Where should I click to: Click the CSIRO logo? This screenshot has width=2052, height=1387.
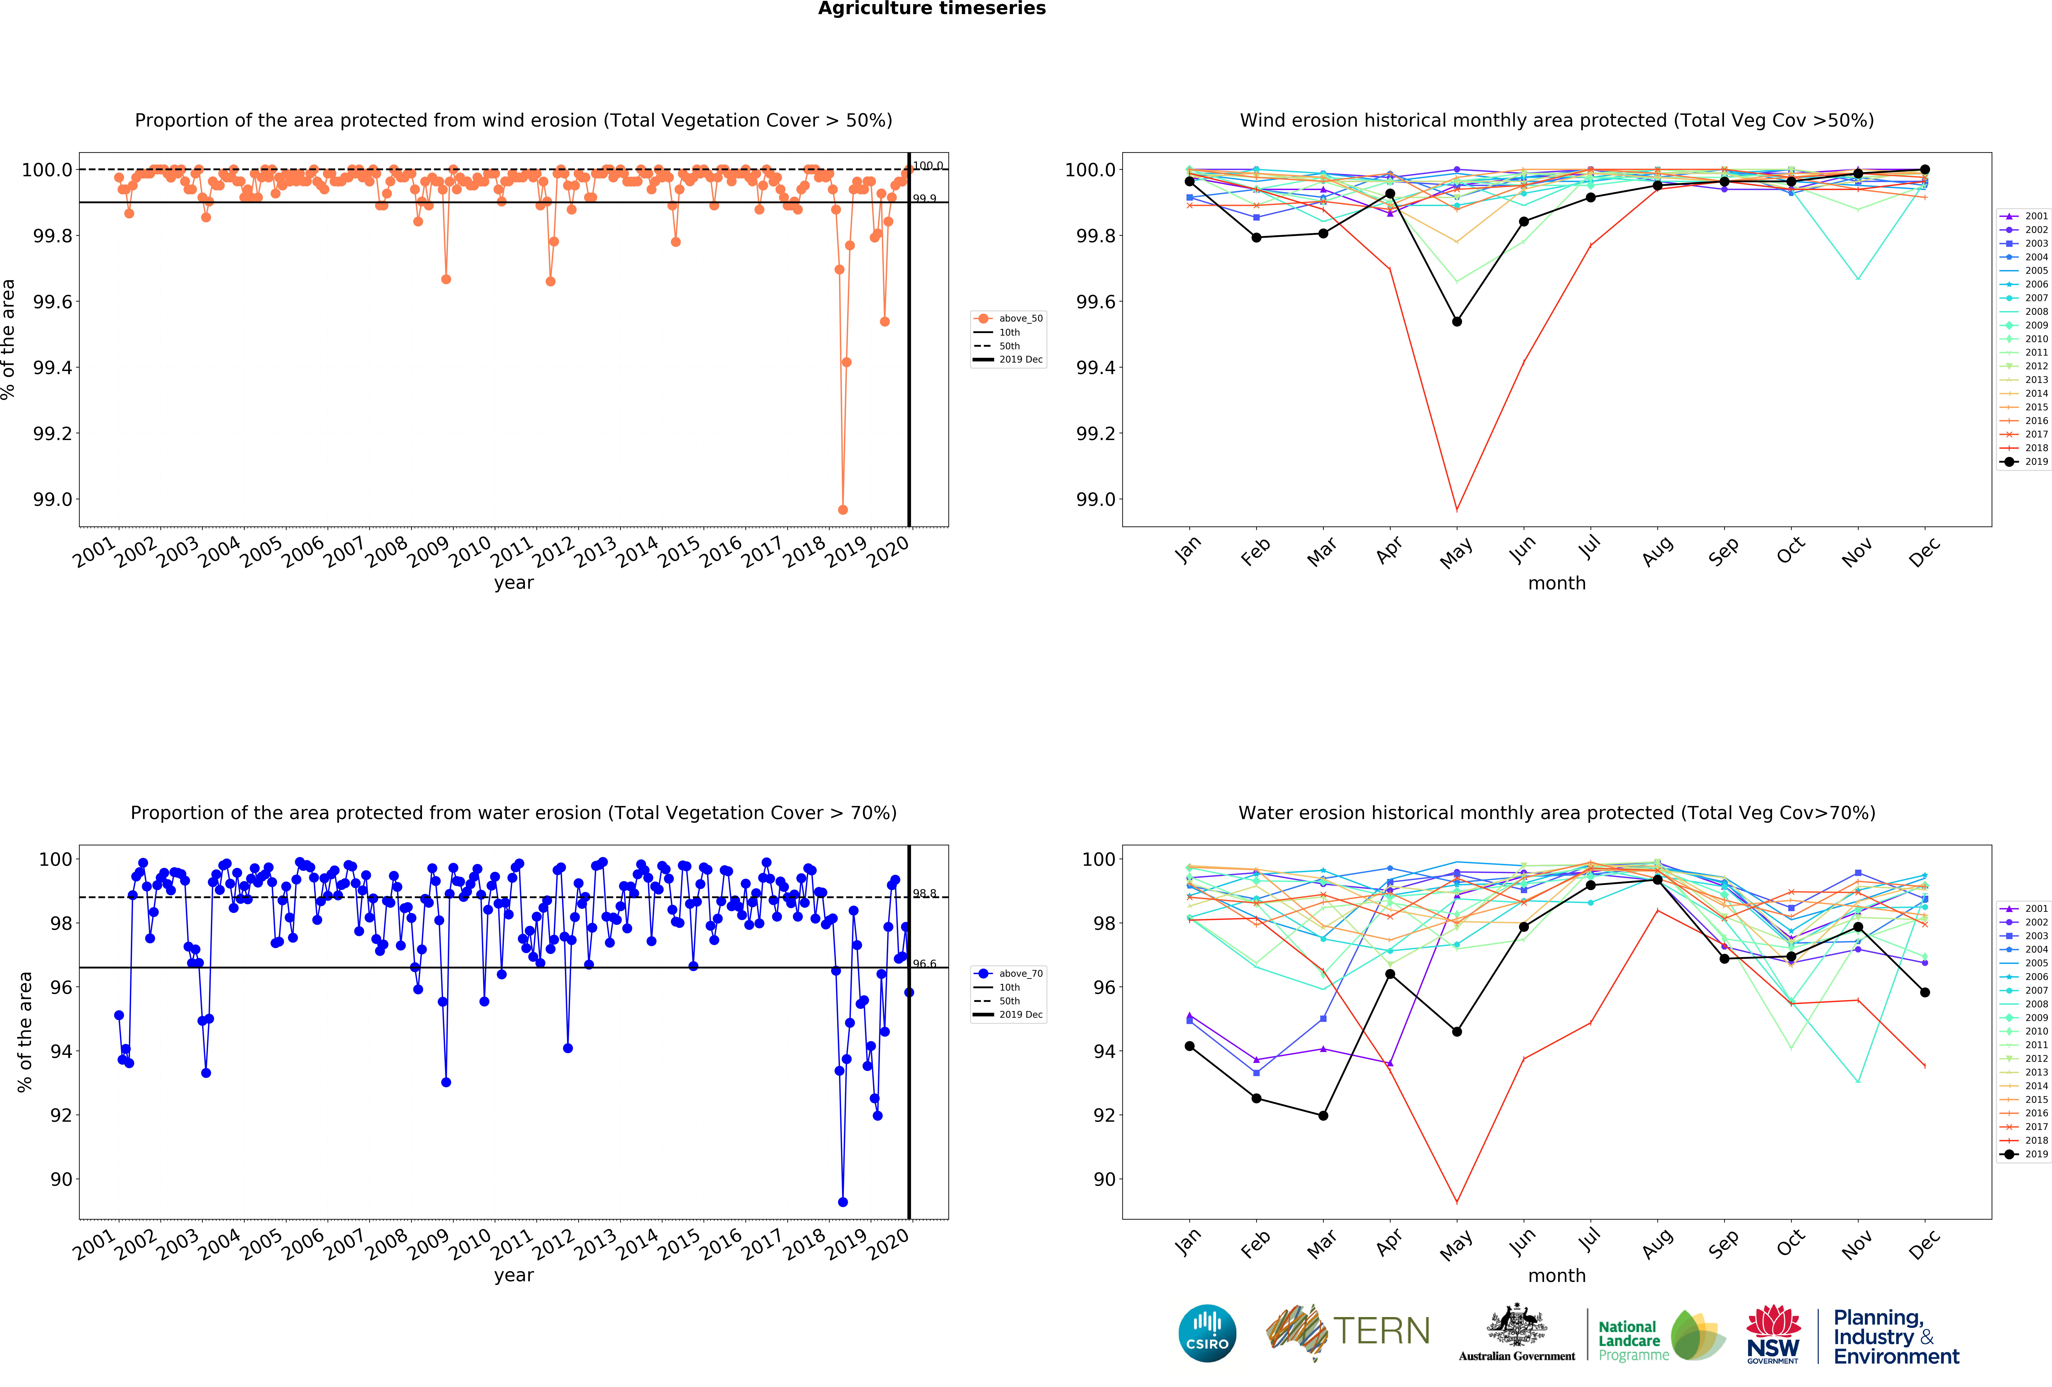[1207, 1333]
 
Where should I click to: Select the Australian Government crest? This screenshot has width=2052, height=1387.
[1516, 1324]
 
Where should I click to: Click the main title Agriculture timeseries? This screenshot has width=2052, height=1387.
[931, 9]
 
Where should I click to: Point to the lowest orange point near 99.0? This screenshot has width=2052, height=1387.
[842, 510]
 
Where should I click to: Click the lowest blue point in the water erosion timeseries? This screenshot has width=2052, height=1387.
[842, 1202]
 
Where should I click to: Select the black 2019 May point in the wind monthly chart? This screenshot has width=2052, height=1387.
[1457, 321]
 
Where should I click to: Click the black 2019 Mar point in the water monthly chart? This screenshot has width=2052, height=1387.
[1323, 1115]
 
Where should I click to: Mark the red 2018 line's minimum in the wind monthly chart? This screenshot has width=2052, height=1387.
[1457, 510]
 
